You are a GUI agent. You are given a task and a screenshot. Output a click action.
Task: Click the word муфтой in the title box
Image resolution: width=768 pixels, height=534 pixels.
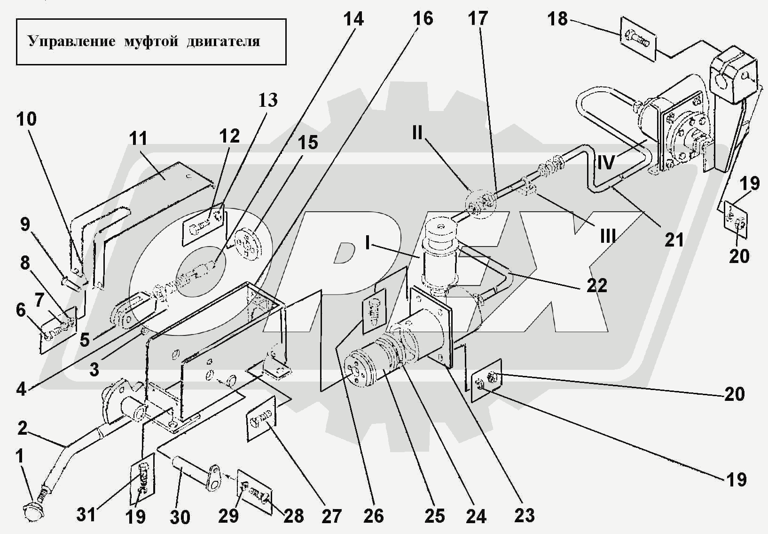151,41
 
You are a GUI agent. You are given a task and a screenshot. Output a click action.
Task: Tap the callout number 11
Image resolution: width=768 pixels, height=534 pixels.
138,139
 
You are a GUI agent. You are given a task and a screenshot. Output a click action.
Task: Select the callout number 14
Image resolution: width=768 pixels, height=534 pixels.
353,19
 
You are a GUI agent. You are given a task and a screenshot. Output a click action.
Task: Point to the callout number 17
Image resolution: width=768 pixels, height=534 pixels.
478,19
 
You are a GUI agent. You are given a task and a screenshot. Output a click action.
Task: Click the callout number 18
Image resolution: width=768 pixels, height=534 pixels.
557,19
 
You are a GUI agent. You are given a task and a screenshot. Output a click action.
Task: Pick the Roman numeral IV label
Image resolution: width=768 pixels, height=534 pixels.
606,163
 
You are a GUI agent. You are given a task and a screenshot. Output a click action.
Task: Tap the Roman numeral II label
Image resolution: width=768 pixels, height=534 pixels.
417,133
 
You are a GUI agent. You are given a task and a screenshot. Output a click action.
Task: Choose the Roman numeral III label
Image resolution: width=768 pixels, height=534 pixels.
607,236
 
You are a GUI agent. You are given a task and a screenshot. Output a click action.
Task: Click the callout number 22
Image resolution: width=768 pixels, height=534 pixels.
596,285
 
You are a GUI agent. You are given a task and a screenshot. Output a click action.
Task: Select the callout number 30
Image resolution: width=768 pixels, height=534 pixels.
180,517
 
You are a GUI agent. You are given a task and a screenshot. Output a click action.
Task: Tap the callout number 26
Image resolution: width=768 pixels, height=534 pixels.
374,516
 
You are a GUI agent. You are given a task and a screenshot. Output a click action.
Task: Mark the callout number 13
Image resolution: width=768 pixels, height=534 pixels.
268,100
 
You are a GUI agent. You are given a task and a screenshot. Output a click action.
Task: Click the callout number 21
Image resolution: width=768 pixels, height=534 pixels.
674,240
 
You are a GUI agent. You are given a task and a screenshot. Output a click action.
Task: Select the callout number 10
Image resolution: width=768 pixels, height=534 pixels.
26,119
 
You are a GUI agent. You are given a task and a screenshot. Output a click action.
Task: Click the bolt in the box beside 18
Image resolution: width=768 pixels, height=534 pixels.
637,39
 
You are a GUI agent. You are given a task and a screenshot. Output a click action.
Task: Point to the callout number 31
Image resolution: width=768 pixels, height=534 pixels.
86,515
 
